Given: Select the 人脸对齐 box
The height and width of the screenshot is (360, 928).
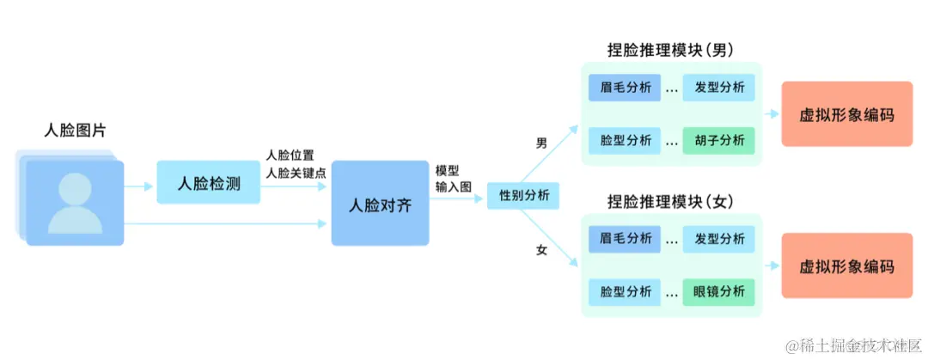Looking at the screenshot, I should pyautogui.click(x=379, y=206).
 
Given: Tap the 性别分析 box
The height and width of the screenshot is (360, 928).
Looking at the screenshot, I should pyautogui.click(x=523, y=197).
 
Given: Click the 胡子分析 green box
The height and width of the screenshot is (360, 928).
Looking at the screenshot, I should pyautogui.click(x=719, y=140).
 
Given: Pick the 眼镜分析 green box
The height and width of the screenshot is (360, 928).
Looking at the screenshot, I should pyautogui.click(x=719, y=291).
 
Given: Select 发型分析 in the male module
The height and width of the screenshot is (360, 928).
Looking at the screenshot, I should pyautogui.click(x=719, y=88).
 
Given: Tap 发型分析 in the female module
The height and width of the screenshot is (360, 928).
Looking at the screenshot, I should pyautogui.click(x=719, y=239).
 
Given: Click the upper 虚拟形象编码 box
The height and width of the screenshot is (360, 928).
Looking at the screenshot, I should pyautogui.click(x=846, y=114).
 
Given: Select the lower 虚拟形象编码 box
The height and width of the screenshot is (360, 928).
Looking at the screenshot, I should pyautogui.click(x=846, y=265).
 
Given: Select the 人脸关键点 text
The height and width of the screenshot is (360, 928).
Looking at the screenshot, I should pyautogui.click(x=296, y=173).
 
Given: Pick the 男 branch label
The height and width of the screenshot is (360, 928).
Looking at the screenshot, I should pyautogui.click(x=541, y=143).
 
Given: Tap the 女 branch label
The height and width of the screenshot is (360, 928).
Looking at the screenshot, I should pyautogui.click(x=541, y=250).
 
